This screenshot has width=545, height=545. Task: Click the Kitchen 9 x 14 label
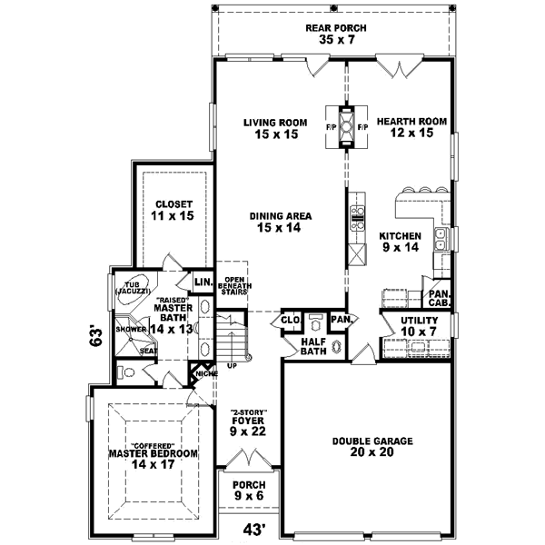click(x=400, y=241)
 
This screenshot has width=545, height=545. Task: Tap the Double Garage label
click(x=372, y=446)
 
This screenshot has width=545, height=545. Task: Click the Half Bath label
click(x=313, y=346)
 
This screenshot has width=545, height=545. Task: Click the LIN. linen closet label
click(x=203, y=283)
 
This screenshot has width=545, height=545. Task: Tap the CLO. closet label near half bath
click(x=291, y=320)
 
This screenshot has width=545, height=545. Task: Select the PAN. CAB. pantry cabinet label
click(x=439, y=299)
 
